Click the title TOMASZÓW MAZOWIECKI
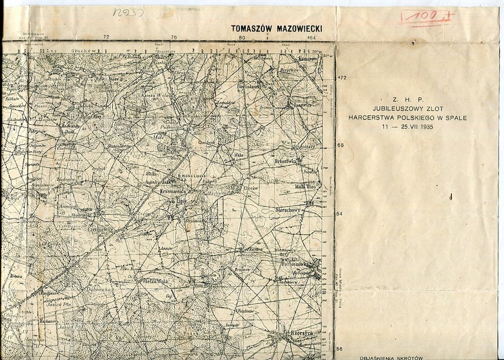coord(276,29)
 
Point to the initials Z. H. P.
coord(408,99)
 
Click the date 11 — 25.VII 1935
coord(408,127)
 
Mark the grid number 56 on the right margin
coord(340,349)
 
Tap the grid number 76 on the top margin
coord(173,37)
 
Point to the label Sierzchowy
coord(288,210)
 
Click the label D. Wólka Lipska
coord(191,176)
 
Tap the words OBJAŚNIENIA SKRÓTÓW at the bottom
coord(391,358)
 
